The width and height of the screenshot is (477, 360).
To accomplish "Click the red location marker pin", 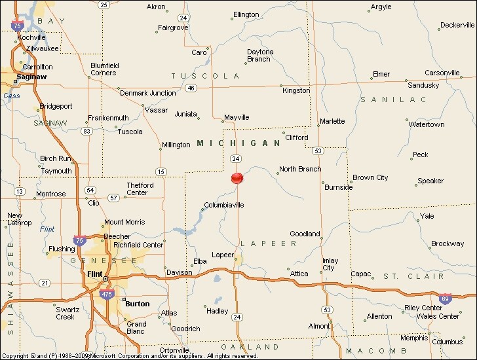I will [237, 177].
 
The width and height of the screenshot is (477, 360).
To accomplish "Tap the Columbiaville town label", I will [224, 205].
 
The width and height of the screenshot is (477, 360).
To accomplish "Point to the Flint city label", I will [94, 274].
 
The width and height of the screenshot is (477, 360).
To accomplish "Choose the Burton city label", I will [137, 304].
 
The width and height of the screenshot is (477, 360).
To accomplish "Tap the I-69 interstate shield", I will [445, 298].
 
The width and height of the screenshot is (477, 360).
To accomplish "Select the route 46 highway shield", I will [191, 87].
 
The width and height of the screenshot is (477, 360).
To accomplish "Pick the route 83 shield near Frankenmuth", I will [86, 132].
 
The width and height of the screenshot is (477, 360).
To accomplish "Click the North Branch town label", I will [300, 169].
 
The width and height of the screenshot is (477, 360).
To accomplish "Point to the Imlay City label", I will [329, 264].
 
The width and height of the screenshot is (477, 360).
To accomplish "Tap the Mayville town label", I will [237, 118].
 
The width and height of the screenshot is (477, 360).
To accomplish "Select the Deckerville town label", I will [457, 26].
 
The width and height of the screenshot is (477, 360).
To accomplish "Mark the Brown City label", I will [370, 177].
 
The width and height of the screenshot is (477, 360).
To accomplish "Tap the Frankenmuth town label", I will [109, 118].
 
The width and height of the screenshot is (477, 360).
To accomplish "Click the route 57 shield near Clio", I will [114, 197].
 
